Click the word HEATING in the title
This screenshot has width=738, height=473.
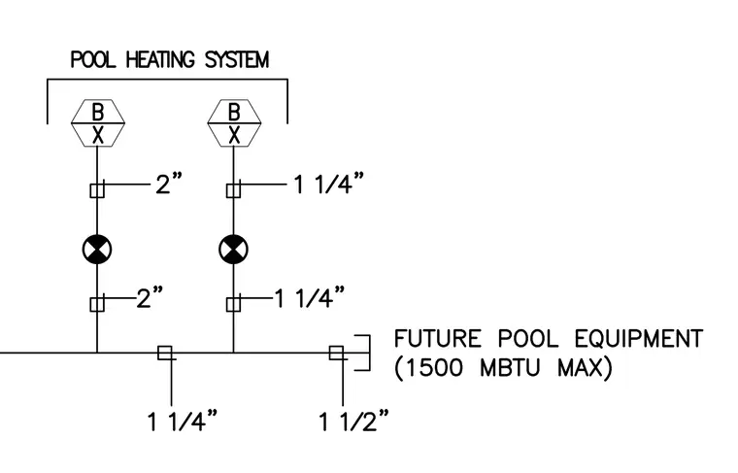(160, 60)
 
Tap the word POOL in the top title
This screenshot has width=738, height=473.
(92, 60)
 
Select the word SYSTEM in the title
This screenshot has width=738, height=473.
(237, 60)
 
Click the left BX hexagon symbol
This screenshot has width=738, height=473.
(98, 122)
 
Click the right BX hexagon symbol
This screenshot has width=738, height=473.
(234, 122)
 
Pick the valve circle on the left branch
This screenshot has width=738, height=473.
(97, 250)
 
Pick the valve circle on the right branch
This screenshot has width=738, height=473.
(233, 250)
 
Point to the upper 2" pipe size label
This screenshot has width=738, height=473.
(169, 183)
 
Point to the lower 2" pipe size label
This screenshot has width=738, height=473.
(150, 297)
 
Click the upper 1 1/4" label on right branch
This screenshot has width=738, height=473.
(329, 183)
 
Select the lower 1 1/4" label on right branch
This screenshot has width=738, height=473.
(310, 297)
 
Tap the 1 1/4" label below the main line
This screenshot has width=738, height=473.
(183, 421)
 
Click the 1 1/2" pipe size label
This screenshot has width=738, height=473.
(354, 421)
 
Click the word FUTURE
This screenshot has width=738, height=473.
(438, 339)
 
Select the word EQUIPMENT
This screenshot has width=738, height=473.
(639, 339)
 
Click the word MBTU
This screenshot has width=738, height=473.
(509, 367)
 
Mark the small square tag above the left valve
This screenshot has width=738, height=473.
(97, 190)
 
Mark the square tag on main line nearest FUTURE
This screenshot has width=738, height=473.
(336, 353)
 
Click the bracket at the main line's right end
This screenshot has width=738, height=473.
(370, 353)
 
